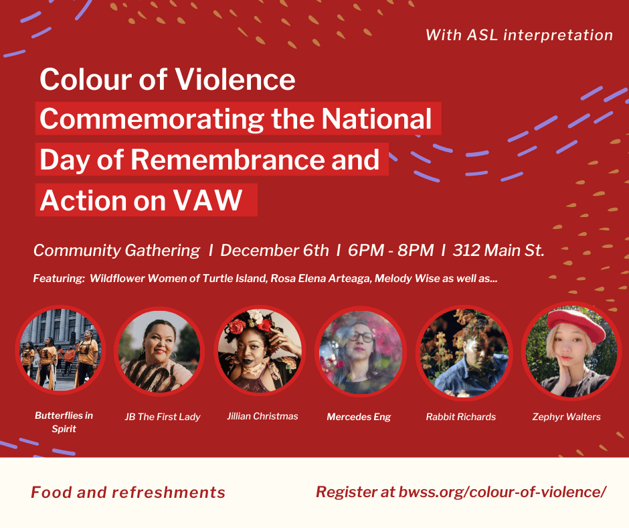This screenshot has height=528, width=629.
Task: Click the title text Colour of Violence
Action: pyautogui.click(x=167, y=80)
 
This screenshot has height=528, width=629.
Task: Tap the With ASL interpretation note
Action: pyautogui.click(x=519, y=35)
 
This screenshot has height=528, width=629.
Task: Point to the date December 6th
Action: pyautogui.click(x=274, y=251)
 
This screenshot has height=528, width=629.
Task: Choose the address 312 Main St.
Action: pyautogui.click(x=499, y=251)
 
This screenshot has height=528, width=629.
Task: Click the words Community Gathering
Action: pyautogui.click(x=116, y=251)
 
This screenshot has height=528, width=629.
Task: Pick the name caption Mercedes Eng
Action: pyautogui.click(x=359, y=417)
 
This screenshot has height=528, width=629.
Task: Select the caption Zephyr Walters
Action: pyautogui.click(x=566, y=417)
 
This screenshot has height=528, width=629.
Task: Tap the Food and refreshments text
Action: pyautogui.click(x=128, y=492)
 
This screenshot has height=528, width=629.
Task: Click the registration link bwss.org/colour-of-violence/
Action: pyautogui.click(x=503, y=492)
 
